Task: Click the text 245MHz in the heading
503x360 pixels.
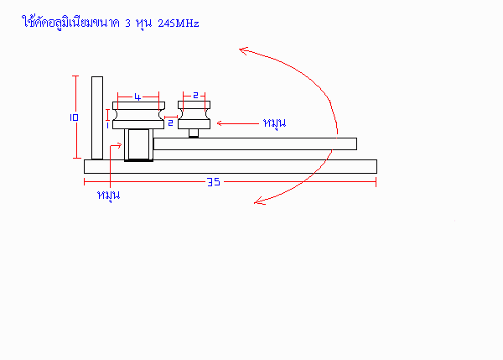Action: [x=179, y=23]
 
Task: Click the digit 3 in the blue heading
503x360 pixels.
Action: [x=128, y=23]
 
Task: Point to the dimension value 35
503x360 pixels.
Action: [x=214, y=182]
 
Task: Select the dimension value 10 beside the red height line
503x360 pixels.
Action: [x=74, y=117]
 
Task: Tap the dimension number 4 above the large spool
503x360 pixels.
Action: [x=137, y=97]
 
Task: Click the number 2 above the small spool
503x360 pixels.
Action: [x=195, y=95]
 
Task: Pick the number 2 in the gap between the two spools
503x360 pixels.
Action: [x=171, y=123]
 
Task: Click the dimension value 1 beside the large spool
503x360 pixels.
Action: [x=107, y=125]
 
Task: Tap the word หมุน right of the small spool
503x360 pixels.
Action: [x=274, y=123]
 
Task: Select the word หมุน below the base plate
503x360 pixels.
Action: [x=109, y=196]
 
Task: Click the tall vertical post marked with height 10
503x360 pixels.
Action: [x=97, y=117]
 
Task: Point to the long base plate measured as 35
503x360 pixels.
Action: [x=231, y=166]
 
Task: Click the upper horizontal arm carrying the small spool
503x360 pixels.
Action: [x=255, y=143]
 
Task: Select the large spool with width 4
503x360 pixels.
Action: [x=138, y=115]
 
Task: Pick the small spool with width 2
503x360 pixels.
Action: [x=194, y=115]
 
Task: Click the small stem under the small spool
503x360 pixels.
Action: [x=194, y=133]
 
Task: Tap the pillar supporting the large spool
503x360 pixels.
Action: [x=138, y=144]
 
